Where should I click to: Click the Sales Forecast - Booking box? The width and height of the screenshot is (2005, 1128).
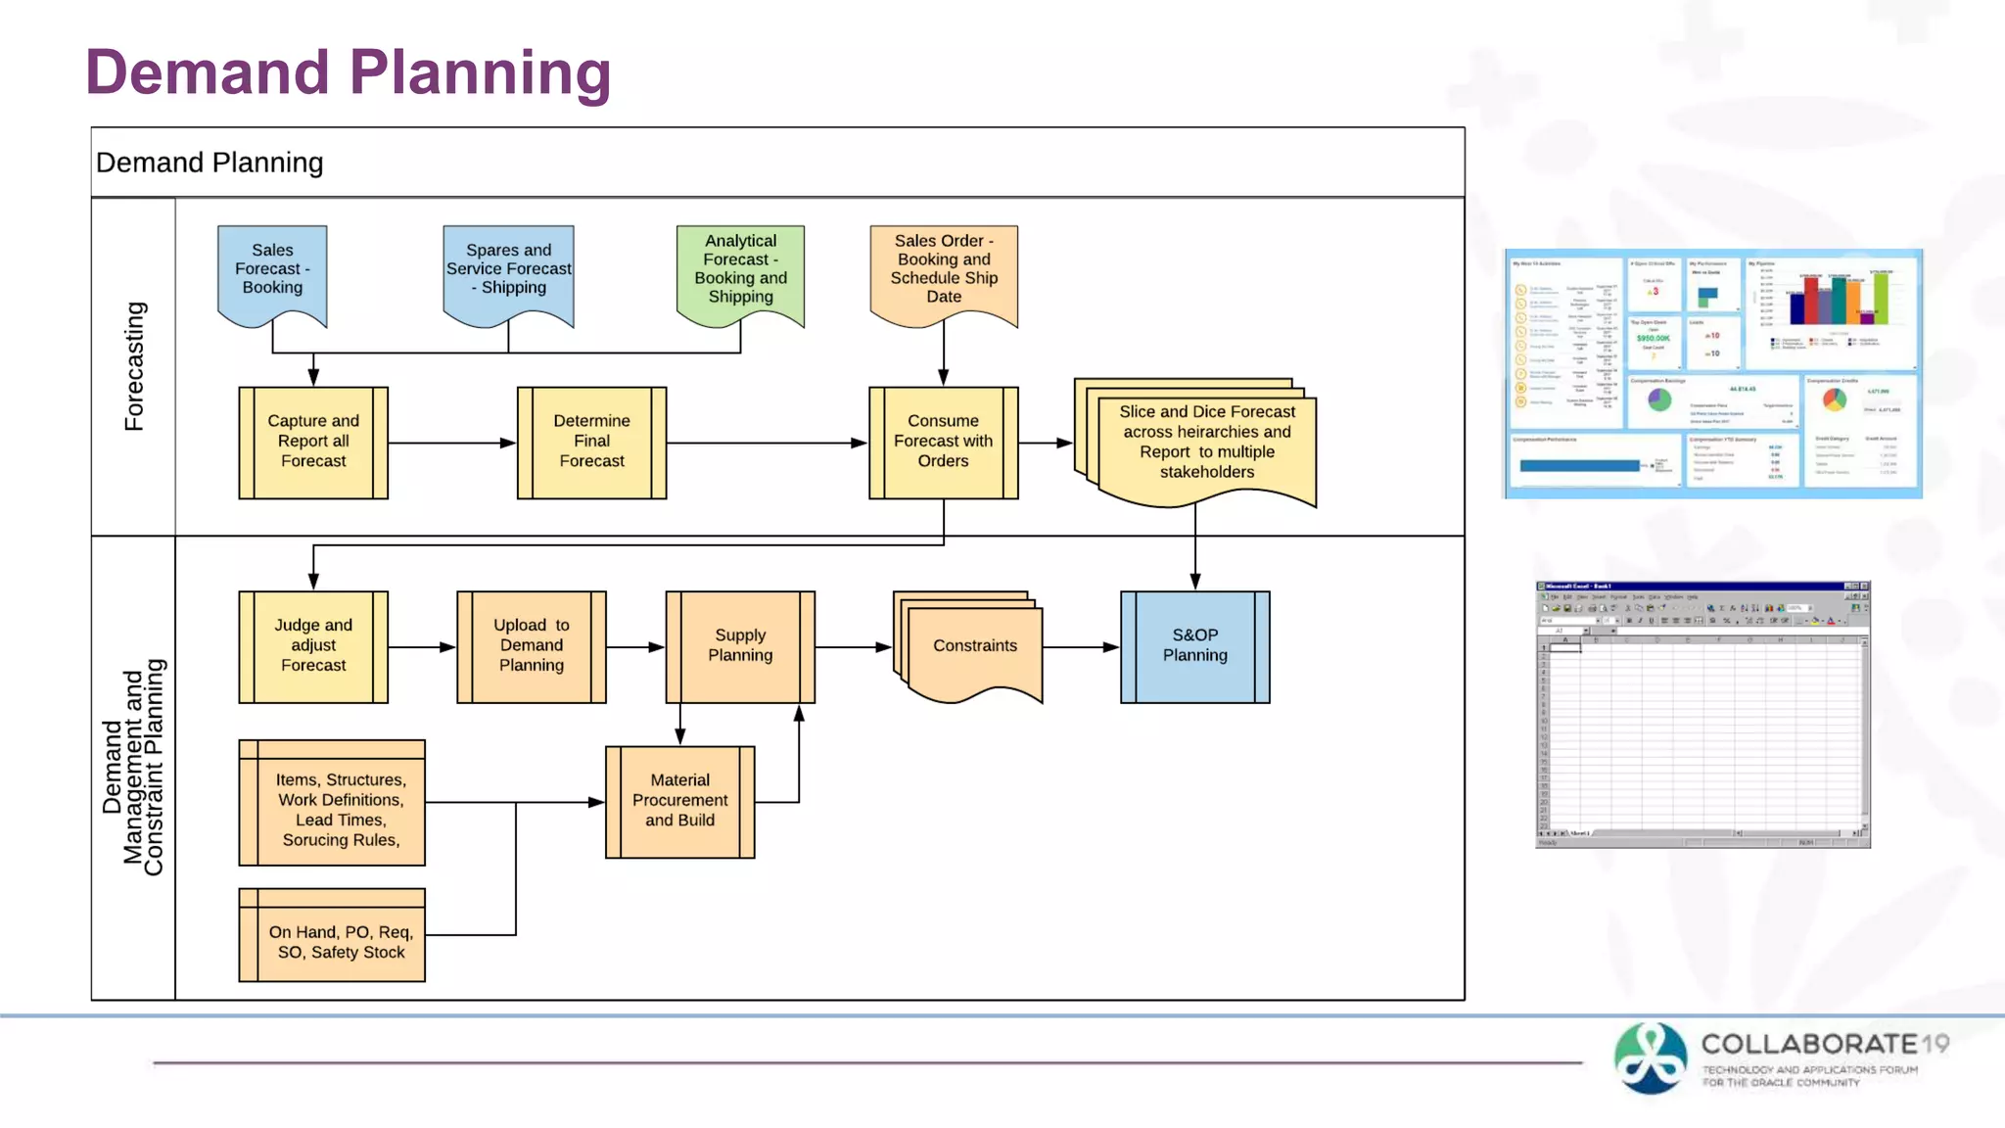[272, 269]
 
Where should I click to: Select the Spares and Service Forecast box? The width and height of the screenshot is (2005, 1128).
[508, 269]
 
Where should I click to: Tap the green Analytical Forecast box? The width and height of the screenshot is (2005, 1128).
[740, 269]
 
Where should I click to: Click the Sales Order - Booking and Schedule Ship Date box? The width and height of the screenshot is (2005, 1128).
[944, 269]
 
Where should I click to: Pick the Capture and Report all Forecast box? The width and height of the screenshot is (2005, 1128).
[313, 442]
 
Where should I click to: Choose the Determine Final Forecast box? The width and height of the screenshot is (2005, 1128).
[591, 442]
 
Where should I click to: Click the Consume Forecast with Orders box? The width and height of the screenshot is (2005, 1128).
[943, 442]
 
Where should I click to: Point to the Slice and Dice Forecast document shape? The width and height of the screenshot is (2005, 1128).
[1206, 443]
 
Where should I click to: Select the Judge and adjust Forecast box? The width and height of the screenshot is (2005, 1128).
[313, 646]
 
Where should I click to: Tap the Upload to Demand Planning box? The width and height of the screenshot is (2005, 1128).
[531, 646]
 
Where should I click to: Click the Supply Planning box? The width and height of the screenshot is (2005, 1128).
[740, 646]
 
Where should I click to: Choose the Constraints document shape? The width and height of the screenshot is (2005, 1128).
[974, 646]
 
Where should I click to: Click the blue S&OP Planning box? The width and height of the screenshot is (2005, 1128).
[1194, 646]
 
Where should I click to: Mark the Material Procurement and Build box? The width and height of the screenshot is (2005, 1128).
[679, 801]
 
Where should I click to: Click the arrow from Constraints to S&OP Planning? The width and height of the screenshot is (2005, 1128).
[1081, 647]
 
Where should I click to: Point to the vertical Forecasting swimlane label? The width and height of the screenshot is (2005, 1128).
[134, 366]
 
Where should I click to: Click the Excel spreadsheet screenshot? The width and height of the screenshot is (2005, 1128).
[1702, 715]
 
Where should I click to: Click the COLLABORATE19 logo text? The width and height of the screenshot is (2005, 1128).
[1823, 1044]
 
